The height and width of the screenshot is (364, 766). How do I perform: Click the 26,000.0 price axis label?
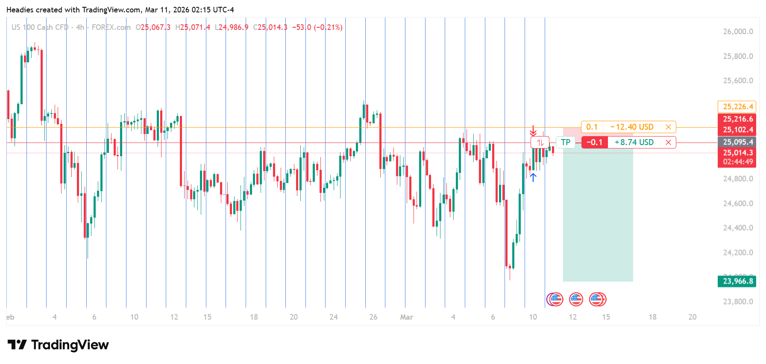[x=738, y=32]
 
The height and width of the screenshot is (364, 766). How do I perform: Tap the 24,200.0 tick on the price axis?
[x=738, y=253]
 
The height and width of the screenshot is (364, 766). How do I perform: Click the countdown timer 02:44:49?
[x=738, y=162]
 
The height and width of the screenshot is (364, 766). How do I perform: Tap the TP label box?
[x=566, y=142]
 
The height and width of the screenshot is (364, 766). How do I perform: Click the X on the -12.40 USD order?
[x=668, y=127]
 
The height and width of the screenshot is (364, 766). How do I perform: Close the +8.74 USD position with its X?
[x=668, y=143]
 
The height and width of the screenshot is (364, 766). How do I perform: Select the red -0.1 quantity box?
[x=594, y=143]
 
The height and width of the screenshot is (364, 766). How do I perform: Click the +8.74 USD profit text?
[x=634, y=143]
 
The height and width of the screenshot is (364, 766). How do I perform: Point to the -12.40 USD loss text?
[x=632, y=127]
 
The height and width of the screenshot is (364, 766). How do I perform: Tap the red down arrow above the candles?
[x=533, y=131]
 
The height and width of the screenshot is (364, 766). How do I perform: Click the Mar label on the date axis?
[x=406, y=317]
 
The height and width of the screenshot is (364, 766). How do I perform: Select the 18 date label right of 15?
[x=652, y=317]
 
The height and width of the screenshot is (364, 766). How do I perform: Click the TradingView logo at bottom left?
[x=58, y=345]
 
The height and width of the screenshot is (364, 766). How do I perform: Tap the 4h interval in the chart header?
[x=80, y=27]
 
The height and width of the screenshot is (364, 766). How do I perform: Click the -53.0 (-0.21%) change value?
[x=317, y=27]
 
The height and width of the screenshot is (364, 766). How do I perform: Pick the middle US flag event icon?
[x=576, y=300]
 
